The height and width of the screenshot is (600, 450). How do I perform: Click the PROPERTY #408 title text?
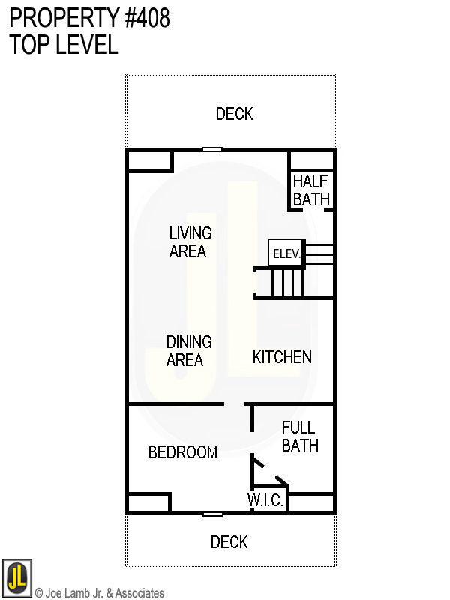pos(89,18)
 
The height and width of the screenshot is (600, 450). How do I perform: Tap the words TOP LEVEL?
pos(64,45)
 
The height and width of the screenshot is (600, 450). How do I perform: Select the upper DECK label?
pos(234,114)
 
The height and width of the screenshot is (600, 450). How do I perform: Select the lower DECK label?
pos(229,542)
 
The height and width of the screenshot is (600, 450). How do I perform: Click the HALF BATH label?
pos(311,190)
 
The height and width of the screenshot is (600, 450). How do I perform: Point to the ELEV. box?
pos(286,253)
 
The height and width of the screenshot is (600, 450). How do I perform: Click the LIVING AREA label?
pos(190,242)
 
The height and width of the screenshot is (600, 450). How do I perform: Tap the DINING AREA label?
pos(188,351)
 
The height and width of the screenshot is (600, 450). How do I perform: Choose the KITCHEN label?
pos(282,357)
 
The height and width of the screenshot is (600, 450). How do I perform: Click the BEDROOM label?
pos(182,452)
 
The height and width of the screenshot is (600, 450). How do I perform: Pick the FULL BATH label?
pos(299,436)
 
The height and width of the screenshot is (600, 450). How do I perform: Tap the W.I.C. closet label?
pos(265,501)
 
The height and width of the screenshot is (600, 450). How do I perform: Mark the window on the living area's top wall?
pos(212,150)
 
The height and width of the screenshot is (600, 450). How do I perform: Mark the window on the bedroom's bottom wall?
pos(212,514)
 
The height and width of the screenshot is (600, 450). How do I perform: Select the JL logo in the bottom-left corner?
pos(16,577)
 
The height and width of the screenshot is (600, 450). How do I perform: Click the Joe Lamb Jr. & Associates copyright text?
pos(99,593)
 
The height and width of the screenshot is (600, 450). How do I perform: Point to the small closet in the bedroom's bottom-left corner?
pos(148,503)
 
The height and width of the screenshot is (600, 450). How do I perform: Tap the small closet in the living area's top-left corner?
pos(150,160)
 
